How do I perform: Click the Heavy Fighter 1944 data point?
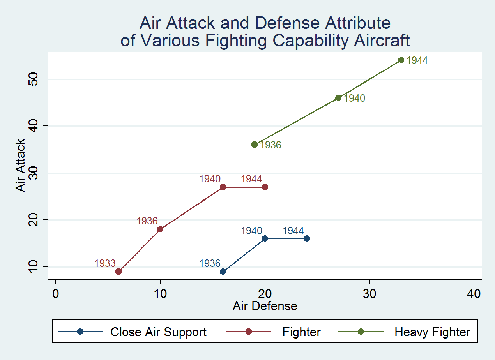click(x=401, y=60)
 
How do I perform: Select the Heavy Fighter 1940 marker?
click(x=338, y=98)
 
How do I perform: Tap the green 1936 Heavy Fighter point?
click(x=255, y=145)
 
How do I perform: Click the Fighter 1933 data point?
click(x=118, y=272)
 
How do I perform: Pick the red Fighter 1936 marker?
click(x=160, y=229)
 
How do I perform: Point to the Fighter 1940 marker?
click(x=223, y=187)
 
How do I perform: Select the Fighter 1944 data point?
click(x=265, y=187)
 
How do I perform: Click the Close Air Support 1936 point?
click(x=223, y=272)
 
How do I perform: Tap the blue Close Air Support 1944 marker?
click(x=307, y=238)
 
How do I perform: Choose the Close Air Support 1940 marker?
click(x=265, y=238)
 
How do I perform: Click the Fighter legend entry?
click(x=301, y=332)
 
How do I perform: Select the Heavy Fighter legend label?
click(x=432, y=332)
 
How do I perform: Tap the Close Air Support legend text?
click(x=158, y=332)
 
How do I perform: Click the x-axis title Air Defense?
click(x=265, y=306)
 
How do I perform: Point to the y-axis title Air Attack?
click(x=20, y=165)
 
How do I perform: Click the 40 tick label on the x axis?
click(x=474, y=294)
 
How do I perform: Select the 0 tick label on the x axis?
click(x=56, y=294)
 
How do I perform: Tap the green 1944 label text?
click(x=417, y=61)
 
